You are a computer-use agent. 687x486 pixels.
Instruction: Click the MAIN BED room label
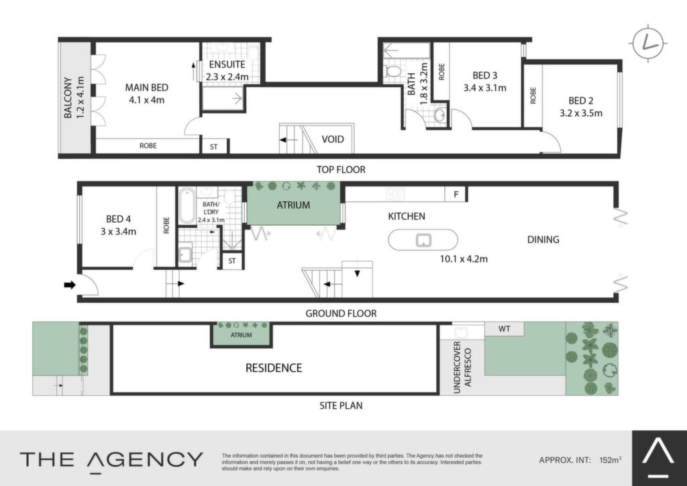coord(146,88)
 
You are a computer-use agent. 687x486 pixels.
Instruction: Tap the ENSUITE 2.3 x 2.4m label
coord(227,70)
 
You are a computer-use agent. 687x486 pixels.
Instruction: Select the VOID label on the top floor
coord(333,140)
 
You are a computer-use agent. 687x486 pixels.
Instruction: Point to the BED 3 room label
coord(484,75)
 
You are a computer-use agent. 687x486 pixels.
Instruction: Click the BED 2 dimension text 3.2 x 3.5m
coord(580,113)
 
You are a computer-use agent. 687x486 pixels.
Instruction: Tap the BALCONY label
coord(68,98)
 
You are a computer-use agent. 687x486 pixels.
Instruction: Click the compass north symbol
coord(648,43)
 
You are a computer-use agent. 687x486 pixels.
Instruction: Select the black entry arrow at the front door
coord(70,285)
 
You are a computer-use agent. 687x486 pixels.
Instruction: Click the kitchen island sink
coord(423,240)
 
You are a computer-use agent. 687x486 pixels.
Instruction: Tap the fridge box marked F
coord(456,194)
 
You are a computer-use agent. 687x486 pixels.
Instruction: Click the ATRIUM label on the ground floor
coord(293,205)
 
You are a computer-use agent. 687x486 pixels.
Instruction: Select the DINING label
coord(543,239)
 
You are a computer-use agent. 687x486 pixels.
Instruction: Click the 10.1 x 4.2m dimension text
coord(464,259)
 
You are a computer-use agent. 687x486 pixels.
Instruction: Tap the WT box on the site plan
coord(505,329)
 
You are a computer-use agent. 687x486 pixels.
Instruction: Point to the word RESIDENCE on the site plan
coord(274,368)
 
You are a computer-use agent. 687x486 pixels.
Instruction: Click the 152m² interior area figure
coord(610,460)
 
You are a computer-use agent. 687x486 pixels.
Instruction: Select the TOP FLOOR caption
coord(341,170)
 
